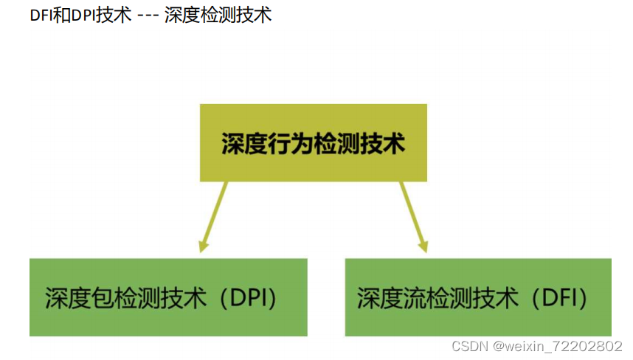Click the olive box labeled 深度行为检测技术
(313, 142)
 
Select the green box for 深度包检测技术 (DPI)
(168, 297)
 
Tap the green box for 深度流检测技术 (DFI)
(478, 297)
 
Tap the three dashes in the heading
(148, 15)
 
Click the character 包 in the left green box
(106, 298)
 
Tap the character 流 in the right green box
(418, 298)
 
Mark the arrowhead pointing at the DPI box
(202, 245)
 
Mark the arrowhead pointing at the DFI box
(423, 245)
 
